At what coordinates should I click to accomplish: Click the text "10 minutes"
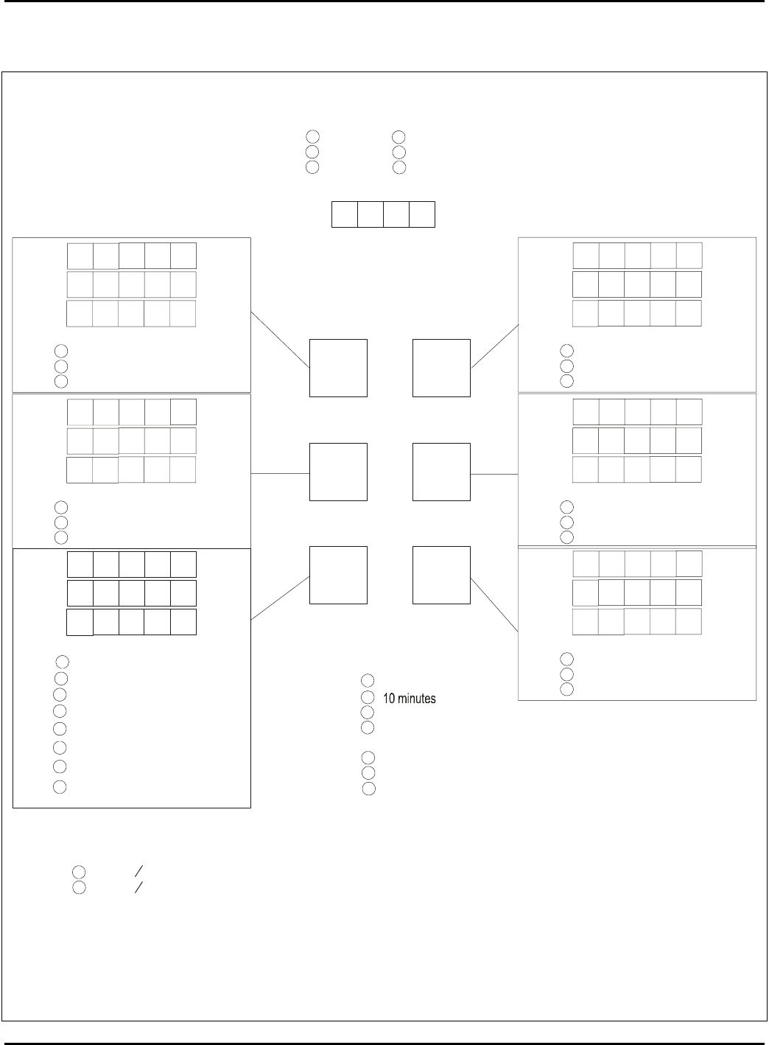[409, 699]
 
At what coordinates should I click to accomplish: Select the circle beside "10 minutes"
[368, 697]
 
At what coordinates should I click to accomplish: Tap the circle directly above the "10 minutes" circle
[368, 681]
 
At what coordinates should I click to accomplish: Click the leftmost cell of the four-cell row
[345, 214]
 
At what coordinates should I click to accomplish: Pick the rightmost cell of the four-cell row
[422, 214]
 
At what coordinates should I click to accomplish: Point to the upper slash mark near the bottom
[138, 870]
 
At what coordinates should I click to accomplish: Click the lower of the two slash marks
[138, 887]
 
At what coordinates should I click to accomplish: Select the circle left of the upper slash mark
[79, 872]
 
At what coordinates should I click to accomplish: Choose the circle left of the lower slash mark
[79, 887]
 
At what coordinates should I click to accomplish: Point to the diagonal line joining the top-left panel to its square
[280, 340]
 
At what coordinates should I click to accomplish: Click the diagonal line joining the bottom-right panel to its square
[494, 605]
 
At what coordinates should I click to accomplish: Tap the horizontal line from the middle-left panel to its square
[280, 474]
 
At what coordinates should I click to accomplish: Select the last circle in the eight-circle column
[60, 787]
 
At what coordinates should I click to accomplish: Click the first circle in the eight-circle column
[62, 662]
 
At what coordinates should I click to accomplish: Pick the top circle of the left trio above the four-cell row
[312, 136]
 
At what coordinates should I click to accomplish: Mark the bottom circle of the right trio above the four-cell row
[399, 167]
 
